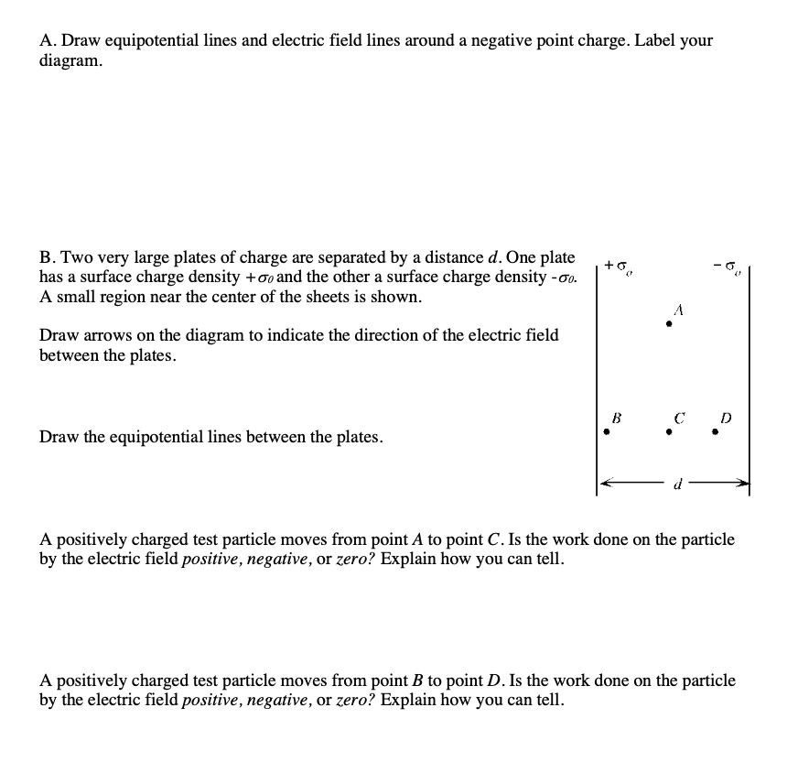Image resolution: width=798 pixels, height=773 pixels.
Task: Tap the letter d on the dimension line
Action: pyautogui.click(x=676, y=484)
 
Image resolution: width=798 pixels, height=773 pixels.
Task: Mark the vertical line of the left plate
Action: pyautogui.click(x=597, y=366)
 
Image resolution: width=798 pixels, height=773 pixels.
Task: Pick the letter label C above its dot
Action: pyautogui.click(x=679, y=417)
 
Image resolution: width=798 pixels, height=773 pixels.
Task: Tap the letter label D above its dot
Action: pyautogui.click(x=725, y=417)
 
